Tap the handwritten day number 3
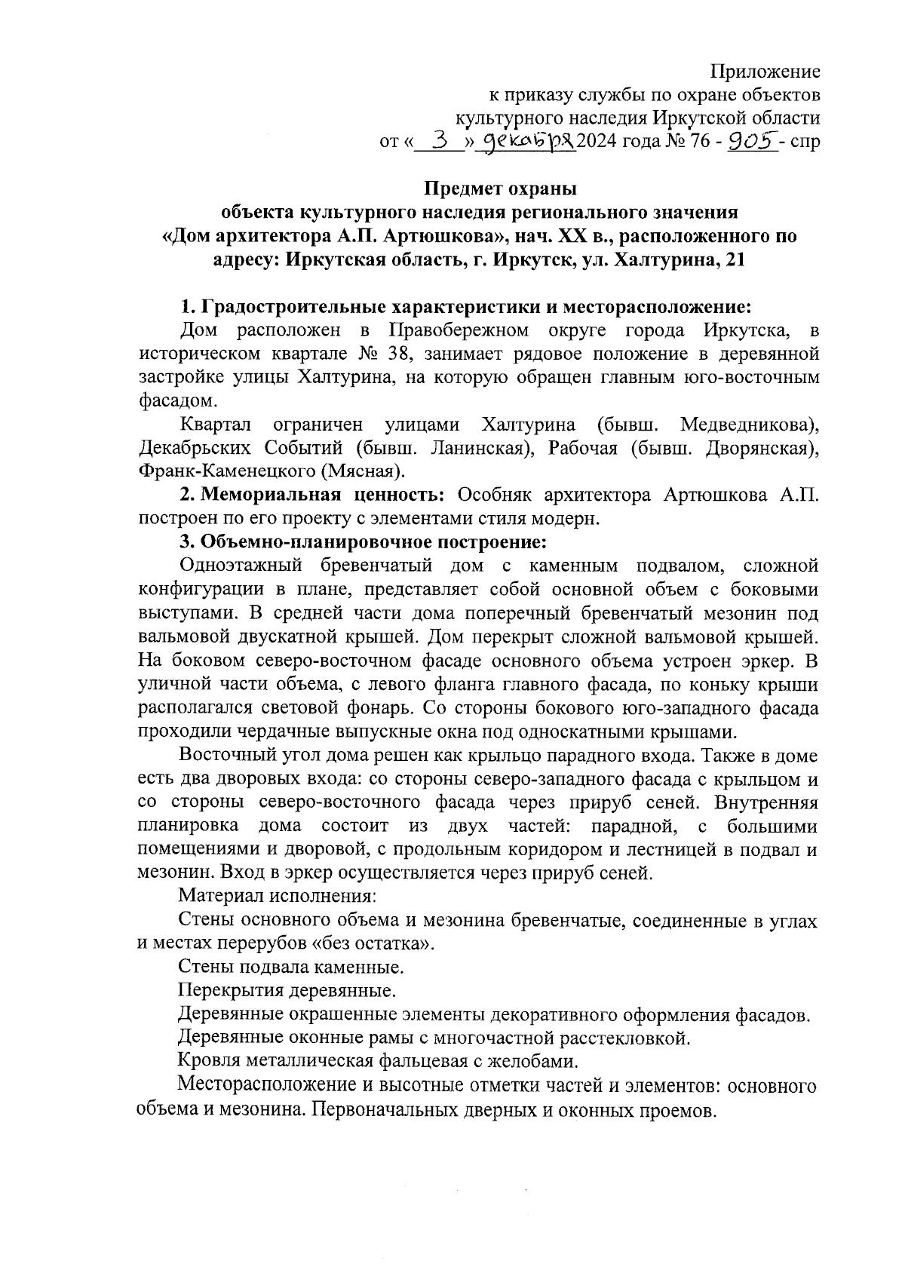pyautogui.click(x=446, y=140)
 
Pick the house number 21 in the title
pyautogui.click(x=733, y=260)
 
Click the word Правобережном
pyautogui.click(x=458, y=330)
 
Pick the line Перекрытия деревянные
pyautogui.click(x=286, y=989)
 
